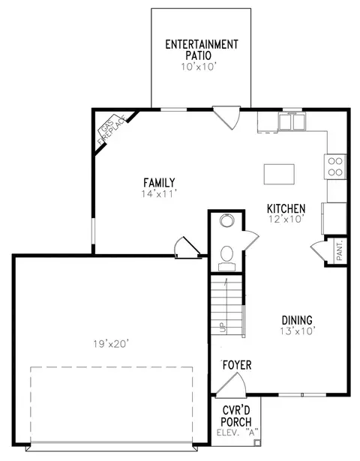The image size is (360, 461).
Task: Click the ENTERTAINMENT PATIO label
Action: (202, 49)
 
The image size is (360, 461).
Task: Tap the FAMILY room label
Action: (159, 183)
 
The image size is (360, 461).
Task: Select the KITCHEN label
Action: (286, 208)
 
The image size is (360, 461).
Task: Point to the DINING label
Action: (297, 320)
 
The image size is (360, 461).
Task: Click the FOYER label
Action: (237, 365)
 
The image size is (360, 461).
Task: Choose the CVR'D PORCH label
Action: (236, 416)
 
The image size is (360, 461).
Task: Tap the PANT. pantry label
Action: (340, 250)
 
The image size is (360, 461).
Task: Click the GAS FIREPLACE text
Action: (110, 130)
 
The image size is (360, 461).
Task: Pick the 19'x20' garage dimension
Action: (111, 344)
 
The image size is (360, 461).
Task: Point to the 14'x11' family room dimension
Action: (159, 194)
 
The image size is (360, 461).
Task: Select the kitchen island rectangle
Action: (279, 175)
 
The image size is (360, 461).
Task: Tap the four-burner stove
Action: (335, 166)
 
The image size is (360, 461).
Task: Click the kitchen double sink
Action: (292, 121)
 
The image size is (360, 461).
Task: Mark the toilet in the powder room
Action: (226, 258)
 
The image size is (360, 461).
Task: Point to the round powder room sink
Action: (226, 220)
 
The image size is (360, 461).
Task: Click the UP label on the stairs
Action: (222, 327)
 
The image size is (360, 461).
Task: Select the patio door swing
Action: (226, 118)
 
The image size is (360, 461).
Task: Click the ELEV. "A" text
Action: (237, 433)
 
